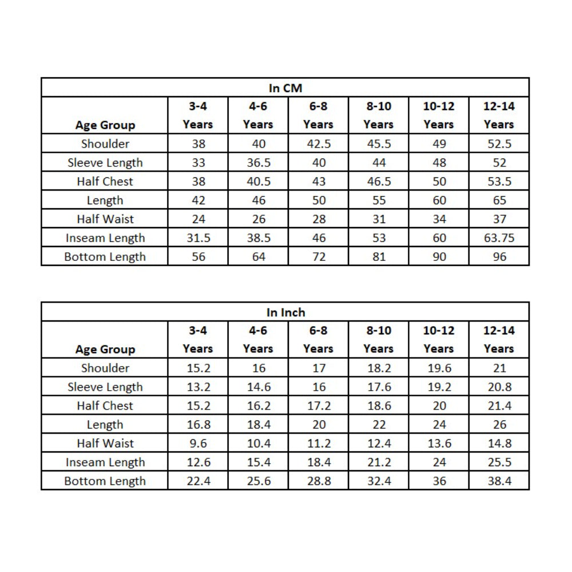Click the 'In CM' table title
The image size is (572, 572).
tap(285, 88)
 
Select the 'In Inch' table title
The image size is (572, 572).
tap(285, 312)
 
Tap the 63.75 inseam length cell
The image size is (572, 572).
tap(499, 238)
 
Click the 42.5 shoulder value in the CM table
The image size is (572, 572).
tap(319, 144)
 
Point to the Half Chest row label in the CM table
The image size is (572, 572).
tap(105, 181)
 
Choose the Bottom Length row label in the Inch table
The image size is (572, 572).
tap(105, 481)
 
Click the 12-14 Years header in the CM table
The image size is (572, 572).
tap(499, 115)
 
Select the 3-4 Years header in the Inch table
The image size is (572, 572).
tap(198, 339)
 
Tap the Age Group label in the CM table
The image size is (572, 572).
tap(105, 125)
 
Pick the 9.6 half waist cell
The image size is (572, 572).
tap(198, 443)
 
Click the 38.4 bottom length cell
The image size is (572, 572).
tap(499, 481)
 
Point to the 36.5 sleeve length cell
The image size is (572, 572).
tap(259, 162)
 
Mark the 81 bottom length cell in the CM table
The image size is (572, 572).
tap(379, 257)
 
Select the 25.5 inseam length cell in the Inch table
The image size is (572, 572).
tap(499, 462)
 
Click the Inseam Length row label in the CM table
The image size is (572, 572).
tap(105, 238)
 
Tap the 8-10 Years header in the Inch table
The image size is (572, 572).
tap(379, 339)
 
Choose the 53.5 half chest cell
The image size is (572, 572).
tap(499, 181)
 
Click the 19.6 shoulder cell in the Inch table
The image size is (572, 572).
tap(439, 368)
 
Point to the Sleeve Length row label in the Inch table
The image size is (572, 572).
tap(105, 387)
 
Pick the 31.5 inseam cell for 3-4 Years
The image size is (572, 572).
tap(198, 238)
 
